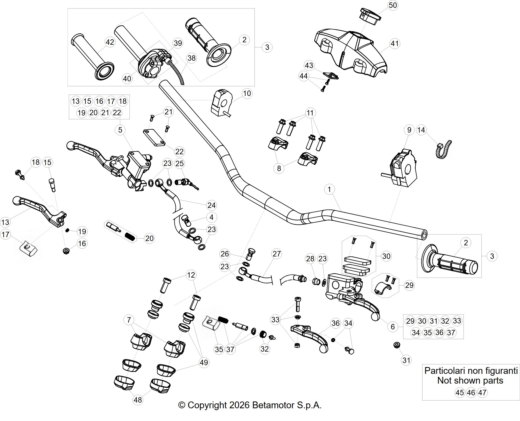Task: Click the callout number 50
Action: click(393, 5)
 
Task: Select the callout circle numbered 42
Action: click(110, 42)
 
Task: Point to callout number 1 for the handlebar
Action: click(329, 189)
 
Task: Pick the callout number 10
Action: click(247, 94)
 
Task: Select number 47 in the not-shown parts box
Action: click(482, 393)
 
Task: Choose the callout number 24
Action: click(212, 205)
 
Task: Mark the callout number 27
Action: click(277, 254)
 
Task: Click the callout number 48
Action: click(138, 400)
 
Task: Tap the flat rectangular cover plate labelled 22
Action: click(154, 138)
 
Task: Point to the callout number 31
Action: click(407, 360)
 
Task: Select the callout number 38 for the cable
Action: click(191, 58)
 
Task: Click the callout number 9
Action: click(409, 130)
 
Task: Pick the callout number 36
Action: click(336, 323)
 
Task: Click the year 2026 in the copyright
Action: click(239, 405)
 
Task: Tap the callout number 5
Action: click(120, 130)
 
